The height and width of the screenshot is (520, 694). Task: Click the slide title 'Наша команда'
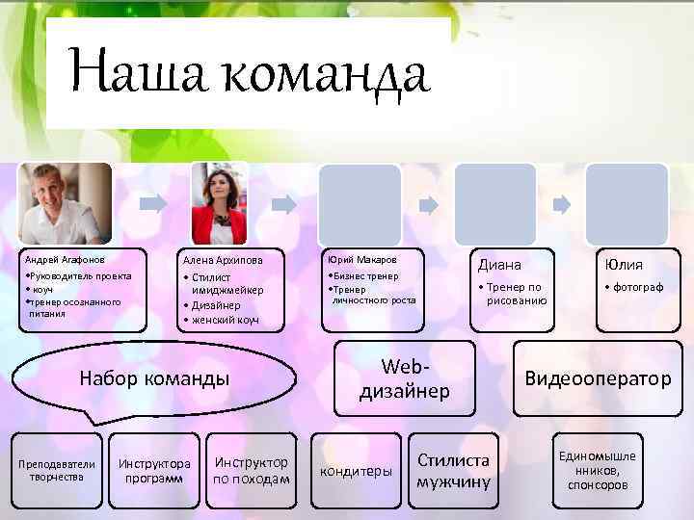[x=250, y=75]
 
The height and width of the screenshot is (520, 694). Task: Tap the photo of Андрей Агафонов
[x=67, y=203]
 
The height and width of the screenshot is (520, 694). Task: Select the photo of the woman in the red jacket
[x=220, y=203]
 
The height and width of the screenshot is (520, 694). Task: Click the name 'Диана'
[x=500, y=265]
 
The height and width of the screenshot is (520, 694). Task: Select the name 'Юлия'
[x=624, y=265]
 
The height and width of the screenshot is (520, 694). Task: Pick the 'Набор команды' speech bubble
[x=154, y=378]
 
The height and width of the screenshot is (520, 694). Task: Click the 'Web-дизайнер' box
[x=405, y=378]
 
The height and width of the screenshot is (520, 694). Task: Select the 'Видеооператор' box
[x=597, y=378]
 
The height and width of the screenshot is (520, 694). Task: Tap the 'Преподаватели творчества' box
[x=56, y=470]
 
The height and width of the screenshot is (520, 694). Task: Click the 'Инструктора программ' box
[x=154, y=470]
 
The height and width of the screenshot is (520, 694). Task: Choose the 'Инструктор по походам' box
[x=252, y=470]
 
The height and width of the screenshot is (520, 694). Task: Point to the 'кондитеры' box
[x=357, y=470]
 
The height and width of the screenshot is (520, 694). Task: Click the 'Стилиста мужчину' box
[x=454, y=470]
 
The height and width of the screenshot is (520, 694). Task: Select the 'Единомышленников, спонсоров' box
[x=599, y=470]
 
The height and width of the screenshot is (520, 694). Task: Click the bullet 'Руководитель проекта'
[x=79, y=275]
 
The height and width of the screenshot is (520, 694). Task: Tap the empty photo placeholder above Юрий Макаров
[x=360, y=203]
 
